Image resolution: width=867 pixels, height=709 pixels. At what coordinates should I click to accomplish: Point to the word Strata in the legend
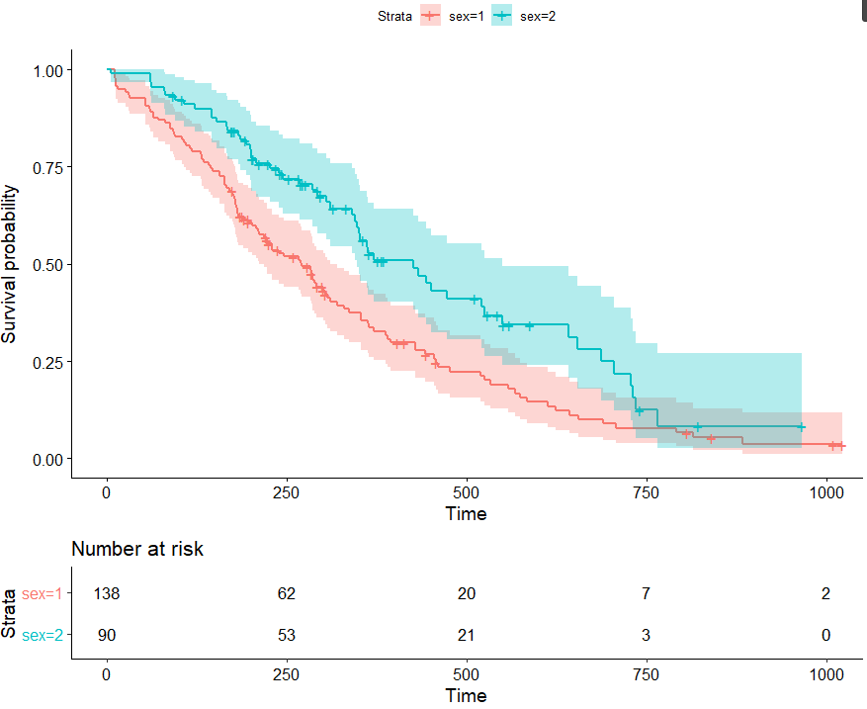[x=395, y=15]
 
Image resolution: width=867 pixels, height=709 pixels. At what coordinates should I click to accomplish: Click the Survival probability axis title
[x=10, y=264]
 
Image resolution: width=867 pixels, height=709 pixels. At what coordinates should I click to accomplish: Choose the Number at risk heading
[x=137, y=549]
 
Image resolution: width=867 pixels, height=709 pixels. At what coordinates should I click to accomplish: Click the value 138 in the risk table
[x=107, y=594]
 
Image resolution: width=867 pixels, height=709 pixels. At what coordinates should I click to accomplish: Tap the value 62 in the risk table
[x=287, y=594]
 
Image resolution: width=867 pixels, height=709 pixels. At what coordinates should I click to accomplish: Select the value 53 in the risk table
[x=287, y=635]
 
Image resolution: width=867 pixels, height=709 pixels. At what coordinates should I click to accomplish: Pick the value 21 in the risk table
[x=467, y=635]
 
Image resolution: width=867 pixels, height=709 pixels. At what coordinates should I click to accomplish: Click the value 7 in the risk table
[x=647, y=594]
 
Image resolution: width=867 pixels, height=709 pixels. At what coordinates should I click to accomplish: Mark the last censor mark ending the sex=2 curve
[x=801, y=427]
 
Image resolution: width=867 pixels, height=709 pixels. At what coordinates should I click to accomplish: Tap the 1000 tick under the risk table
[x=825, y=674]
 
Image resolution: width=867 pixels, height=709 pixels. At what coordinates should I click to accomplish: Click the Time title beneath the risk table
[x=466, y=695]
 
